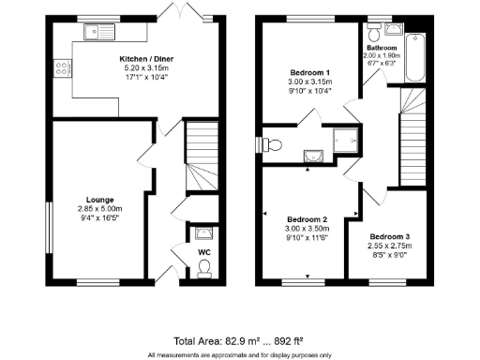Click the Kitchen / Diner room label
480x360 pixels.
[x=139, y=58]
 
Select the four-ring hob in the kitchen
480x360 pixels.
[x=63, y=67]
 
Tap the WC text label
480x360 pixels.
[x=204, y=251]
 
